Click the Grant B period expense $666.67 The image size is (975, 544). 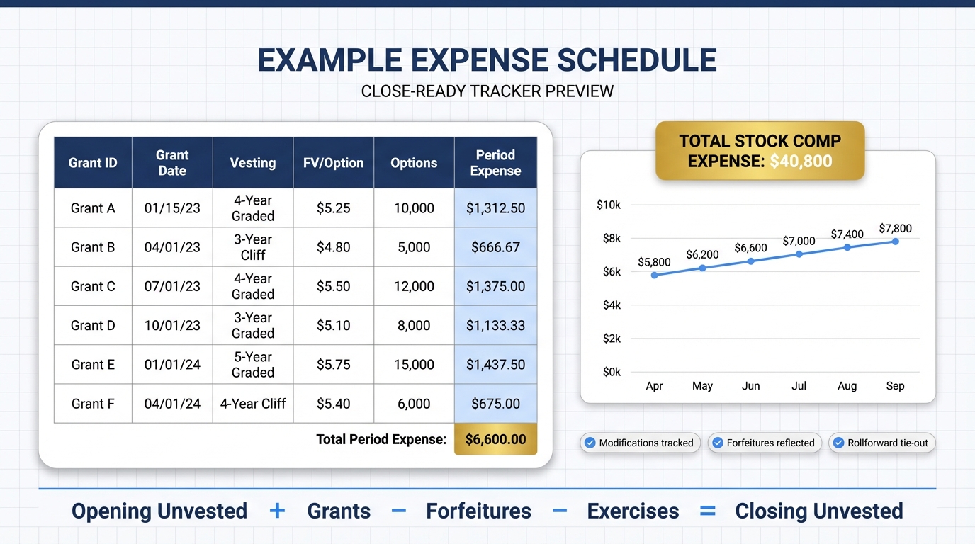495,247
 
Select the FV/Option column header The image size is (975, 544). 333,163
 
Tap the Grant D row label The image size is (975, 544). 93,326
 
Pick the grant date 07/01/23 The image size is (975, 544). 172,286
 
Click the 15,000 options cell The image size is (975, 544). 414,365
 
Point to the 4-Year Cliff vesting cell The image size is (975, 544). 253,404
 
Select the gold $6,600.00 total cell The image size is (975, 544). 495,439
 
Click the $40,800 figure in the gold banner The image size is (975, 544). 801,161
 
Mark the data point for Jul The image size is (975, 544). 799,254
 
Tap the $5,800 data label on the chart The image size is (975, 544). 654,262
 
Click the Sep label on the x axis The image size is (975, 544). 895,386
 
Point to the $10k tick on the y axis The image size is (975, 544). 609,205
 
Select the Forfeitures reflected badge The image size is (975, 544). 765,443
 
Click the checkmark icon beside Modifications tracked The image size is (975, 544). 590,443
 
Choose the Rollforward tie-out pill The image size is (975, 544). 882,443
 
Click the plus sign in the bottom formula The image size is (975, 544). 277,511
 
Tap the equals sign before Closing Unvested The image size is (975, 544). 707,511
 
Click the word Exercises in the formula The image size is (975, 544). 633,511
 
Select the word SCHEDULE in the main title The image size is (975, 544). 636,61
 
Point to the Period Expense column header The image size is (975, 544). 495,163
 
